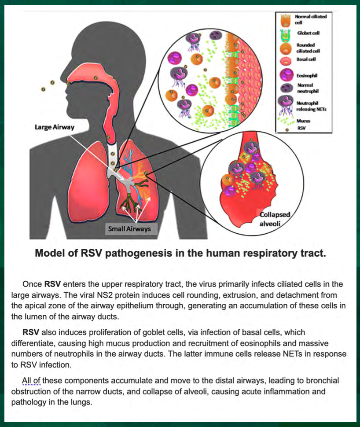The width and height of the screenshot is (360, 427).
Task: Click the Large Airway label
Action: [55, 127]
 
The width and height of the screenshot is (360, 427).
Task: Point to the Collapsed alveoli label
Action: [274, 219]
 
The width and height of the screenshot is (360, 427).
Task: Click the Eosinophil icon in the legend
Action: [287, 75]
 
